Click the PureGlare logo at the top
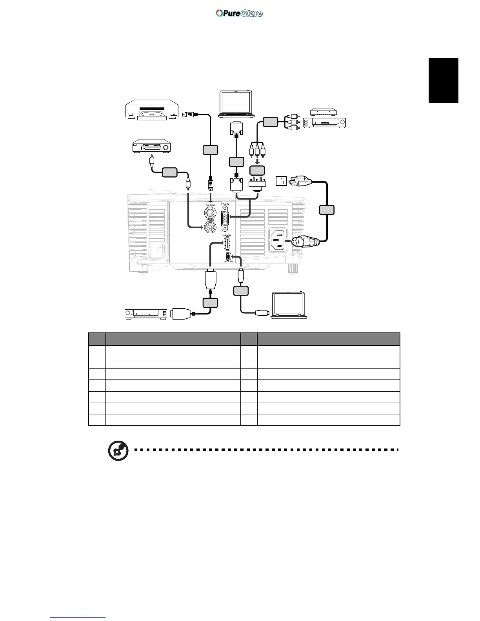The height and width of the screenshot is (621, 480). [x=239, y=13]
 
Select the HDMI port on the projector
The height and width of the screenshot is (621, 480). [x=227, y=244]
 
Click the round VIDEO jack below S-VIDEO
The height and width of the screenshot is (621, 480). [x=211, y=226]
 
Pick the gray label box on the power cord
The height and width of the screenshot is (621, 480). [x=327, y=210]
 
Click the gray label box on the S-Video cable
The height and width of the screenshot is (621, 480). [x=210, y=150]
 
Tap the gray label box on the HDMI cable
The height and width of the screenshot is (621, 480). [x=210, y=302]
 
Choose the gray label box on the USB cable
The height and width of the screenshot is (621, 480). [x=241, y=291]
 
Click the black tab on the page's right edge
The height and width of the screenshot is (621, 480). [x=444, y=80]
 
